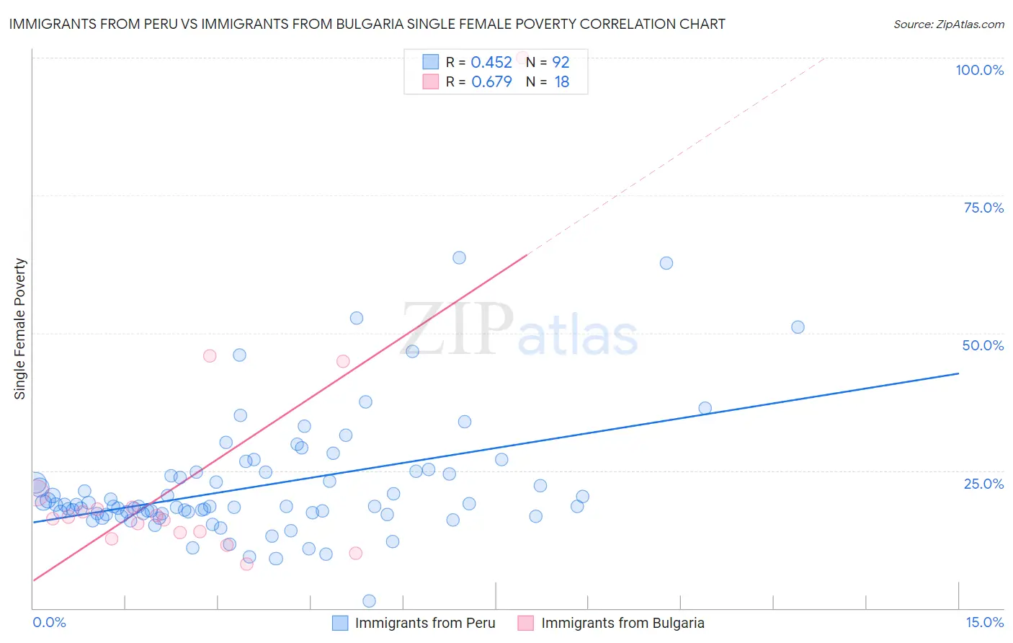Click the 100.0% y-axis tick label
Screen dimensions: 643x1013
(979, 70)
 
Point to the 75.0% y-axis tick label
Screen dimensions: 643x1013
(983, 208)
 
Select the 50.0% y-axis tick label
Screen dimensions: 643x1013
(983, 345)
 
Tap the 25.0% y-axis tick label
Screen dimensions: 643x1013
(983, 483)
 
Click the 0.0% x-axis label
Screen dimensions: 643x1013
(49, 622)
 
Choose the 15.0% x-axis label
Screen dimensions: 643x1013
(984, 622)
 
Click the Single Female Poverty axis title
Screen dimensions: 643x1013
(20, 329)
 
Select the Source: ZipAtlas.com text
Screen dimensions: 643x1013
(948, 24)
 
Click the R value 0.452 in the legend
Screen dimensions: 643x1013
(491, 63)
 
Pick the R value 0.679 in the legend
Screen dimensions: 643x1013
(491, 82)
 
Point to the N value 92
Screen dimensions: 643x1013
(561, 63)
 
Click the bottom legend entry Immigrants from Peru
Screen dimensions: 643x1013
(424, 623)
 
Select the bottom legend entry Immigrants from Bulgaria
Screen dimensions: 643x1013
(622, 623)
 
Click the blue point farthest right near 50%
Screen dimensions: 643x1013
(798, 327)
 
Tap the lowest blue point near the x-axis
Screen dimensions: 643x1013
(369, 601)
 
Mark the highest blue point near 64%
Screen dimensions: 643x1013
(459, 258)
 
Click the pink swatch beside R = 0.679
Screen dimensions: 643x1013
(430, 82)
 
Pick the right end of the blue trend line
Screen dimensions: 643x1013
(958, 373)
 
